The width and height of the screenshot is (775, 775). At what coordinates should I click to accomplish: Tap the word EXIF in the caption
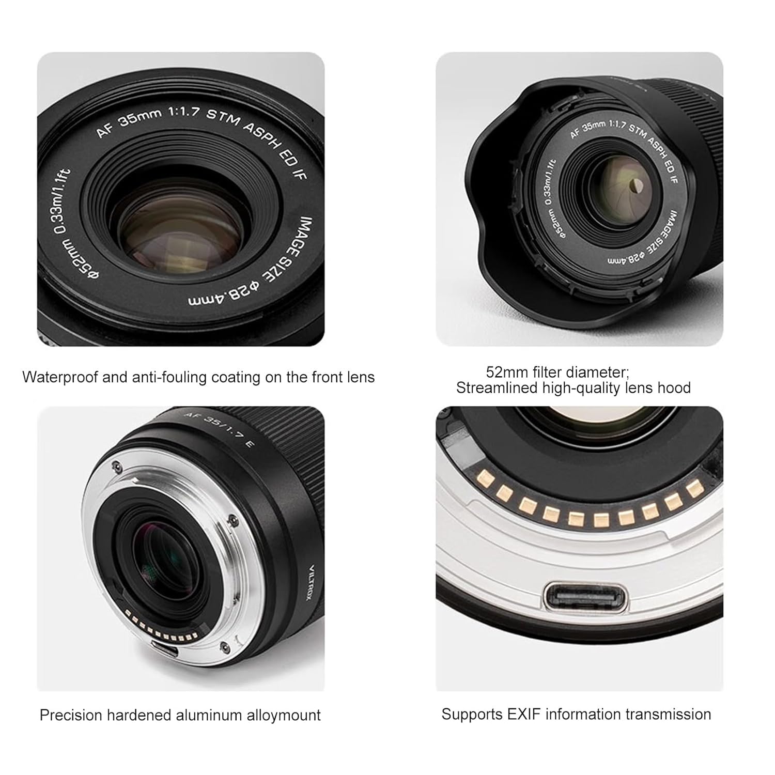pos(517,715)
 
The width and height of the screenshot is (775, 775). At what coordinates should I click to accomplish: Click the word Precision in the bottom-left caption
pos(71,716)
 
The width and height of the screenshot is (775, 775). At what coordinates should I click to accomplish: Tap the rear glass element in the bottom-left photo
pos(165,558)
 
